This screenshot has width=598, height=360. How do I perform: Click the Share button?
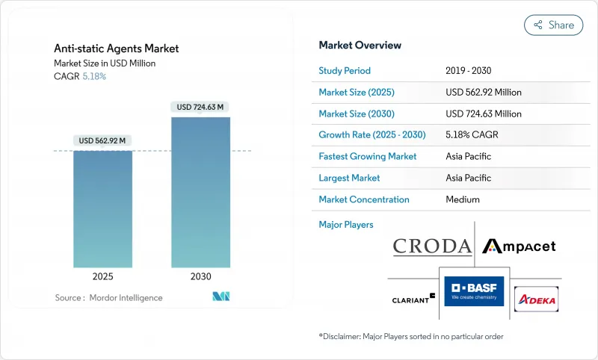(x=553, y=25)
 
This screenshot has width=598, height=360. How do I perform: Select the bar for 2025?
(x=102, y=209)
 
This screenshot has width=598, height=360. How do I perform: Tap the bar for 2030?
(x=200, y=192)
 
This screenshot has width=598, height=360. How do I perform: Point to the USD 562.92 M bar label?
(x=102, y=140)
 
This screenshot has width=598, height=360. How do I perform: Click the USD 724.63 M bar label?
(x=200, y=107)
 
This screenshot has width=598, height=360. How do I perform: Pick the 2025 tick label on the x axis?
(x=102, y=276)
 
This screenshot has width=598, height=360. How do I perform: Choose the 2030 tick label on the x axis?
(x=200, y=276)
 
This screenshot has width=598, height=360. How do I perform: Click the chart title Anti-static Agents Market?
(x=116, y=49)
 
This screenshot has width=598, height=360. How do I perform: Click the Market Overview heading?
(x=360, y=45)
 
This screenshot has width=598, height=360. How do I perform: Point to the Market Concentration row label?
(x=363, y=199)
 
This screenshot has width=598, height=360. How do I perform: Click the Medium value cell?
(x=462, y=199)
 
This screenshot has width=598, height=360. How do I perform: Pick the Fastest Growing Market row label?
(x=367, y=156)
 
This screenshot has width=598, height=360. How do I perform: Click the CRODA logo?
(x=432, y=246)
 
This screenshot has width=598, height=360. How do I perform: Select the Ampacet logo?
(x=519, y=246)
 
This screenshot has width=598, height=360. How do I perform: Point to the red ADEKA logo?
(x=536, y=298)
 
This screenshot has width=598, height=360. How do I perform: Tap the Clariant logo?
(x=413, y=299)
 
